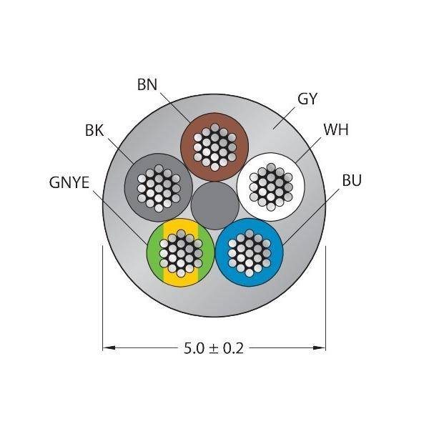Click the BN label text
point(147,84)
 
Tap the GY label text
point(307,99)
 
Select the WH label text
point(336,129)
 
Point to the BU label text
point(352,180)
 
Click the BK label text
point(94,130)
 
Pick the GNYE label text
point(69,182)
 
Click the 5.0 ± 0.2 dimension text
point(214,349)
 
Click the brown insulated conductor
point(214,147)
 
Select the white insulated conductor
point(271,187)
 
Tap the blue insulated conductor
point(250,252)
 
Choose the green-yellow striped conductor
point(181,252)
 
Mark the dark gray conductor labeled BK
point(159,187)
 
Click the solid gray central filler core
point(215,205)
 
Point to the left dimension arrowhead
point(109,348)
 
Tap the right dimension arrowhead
point(320,348)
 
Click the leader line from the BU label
point(311,217)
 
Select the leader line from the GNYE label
point(120,217)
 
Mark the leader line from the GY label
point(284,118)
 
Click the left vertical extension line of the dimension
point(102,298)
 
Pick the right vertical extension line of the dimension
point(325,298)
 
